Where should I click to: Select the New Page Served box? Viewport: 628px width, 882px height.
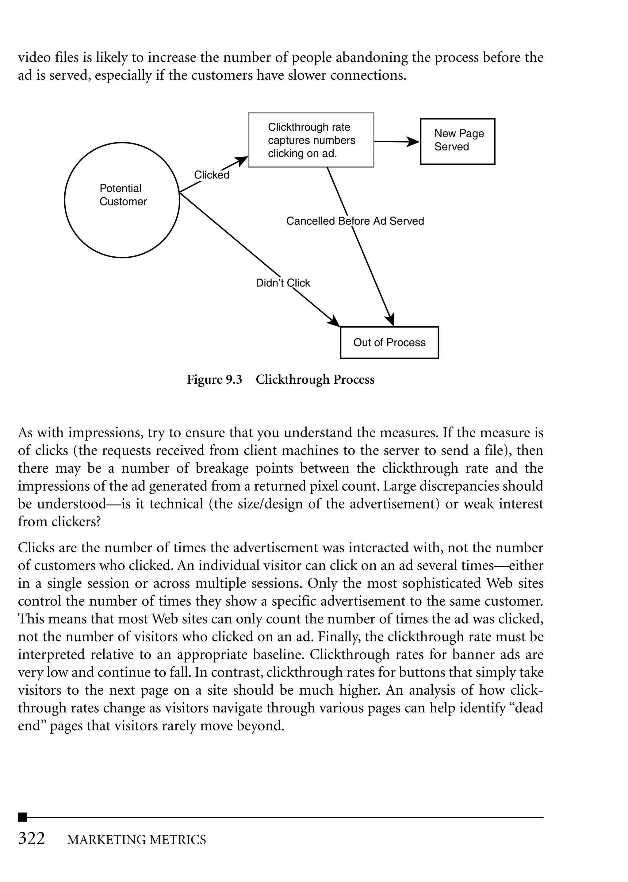(x=458, y=141)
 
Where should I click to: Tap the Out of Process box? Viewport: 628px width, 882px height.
(x=389, y=343)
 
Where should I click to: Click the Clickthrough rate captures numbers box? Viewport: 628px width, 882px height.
(x=311, y=140)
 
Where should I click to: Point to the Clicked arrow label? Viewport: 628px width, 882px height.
(x=212, y=175)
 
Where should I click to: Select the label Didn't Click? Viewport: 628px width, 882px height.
(x=283, y=283)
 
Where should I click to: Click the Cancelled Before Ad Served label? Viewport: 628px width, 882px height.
(x=355, y=221)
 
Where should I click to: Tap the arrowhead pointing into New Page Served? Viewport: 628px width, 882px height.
(x=414, y=142)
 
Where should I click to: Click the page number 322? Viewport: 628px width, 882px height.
(x=32, y=838)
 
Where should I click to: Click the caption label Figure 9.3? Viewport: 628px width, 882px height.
(x=214, y=380)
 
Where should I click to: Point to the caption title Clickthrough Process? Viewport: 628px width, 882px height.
(x=315, y=380)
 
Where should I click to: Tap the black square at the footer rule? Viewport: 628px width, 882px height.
(x=22, y=817)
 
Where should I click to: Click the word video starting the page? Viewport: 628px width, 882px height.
(x=34, y=58)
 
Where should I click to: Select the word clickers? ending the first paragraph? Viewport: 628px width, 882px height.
(x=59, y=522)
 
